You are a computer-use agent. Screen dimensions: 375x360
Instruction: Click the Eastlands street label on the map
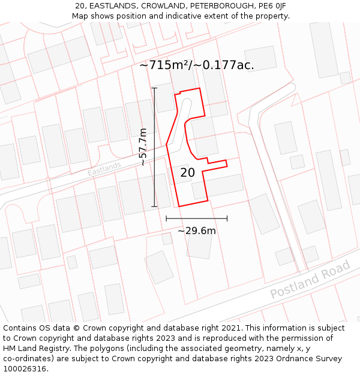[104, 169]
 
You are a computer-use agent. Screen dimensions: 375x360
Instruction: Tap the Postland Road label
[310, 280]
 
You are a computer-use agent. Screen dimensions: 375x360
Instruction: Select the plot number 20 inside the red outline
[187, 173]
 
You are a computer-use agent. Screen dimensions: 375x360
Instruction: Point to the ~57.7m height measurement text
[143, 147]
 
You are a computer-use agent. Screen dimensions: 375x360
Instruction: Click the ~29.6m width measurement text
[197, 230]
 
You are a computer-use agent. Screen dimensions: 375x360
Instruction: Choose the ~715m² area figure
[164, 65]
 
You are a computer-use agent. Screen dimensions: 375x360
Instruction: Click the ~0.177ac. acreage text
[224, 65]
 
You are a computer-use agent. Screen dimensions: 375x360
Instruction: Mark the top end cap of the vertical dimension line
[154, 88]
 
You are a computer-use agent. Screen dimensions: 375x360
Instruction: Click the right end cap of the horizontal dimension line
[227, 218]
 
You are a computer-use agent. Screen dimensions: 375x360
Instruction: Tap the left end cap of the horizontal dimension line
[166, 218]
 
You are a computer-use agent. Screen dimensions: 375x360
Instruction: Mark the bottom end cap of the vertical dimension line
[154, 206]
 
